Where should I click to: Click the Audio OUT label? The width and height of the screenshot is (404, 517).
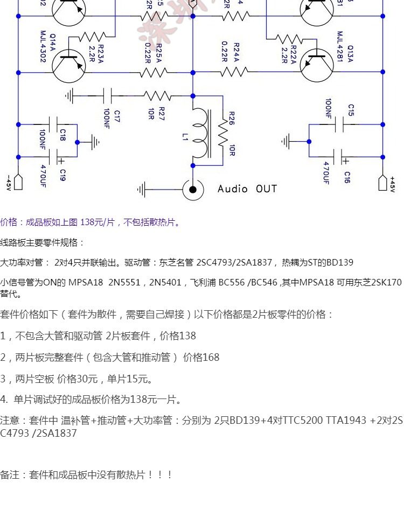click(x=247, y=188)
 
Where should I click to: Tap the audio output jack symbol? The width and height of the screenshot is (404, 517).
click(x=193, y=189)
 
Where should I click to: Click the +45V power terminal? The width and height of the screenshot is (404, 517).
click(x=383, y=183)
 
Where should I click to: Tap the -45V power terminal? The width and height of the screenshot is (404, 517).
click(x=18, y=183)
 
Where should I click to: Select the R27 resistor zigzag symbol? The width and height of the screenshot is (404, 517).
click(x=157, y=96)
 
